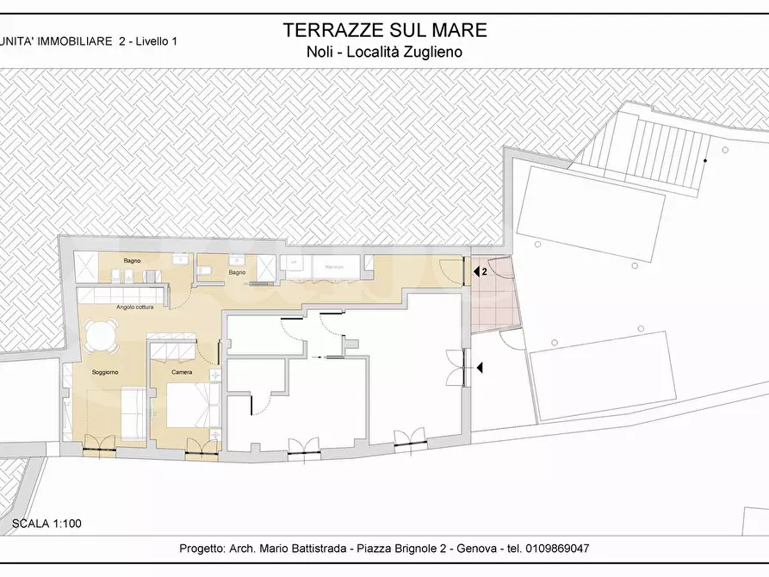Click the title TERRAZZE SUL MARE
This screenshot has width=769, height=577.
[385, 30]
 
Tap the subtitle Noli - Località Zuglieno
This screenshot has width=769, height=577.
[385, 51]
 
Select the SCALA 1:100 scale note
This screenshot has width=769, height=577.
[47, 523]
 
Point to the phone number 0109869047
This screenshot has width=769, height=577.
[556, 549]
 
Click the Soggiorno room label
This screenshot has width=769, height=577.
[105, 371]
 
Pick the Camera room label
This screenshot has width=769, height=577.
[182, 372]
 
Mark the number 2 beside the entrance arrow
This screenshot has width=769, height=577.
[485, 271]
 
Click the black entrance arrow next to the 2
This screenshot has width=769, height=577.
[475, 271]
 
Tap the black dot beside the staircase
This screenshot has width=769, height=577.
[704, 161]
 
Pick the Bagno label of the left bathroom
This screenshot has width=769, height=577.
[132, 260]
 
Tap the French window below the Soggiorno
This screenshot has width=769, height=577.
[98, 444]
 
